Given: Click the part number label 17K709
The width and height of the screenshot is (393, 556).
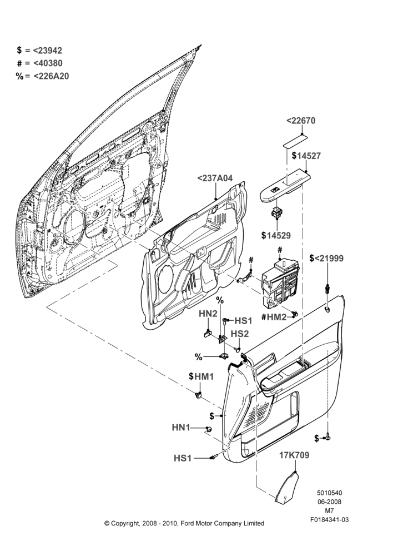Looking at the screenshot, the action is [x=294, y=455].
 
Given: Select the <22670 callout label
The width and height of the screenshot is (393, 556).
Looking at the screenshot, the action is [x=301, y=121].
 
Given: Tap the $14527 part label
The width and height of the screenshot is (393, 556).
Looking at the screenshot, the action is [x=306, y=156].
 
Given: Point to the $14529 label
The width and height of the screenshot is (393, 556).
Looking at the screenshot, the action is [x=276, y=235].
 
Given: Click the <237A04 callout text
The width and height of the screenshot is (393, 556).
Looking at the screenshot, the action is [x=215, y=178].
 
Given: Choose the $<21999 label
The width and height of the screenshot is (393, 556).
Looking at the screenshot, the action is [x=326, y=258].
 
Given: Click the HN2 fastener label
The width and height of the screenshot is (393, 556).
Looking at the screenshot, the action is [x=208, y=314].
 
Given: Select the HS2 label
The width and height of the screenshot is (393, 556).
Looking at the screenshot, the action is [x=240, y=334].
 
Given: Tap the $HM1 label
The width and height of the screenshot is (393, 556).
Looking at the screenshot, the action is [x=201, y=376].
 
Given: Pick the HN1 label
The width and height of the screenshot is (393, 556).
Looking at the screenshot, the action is [x=181, y=428].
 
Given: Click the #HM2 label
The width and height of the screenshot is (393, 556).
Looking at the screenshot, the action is [x=274, y=317].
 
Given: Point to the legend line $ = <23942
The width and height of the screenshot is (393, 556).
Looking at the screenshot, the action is [x=39, y=51].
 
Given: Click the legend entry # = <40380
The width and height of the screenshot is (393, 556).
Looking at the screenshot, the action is [x=39, y=63].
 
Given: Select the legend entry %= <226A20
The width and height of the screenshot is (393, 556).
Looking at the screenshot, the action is [x=42, y=76].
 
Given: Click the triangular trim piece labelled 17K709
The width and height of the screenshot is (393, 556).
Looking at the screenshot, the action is [x=287, y=487].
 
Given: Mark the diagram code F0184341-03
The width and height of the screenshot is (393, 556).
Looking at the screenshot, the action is [x=329, y=520].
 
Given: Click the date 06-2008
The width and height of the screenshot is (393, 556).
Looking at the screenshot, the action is [x=329, y=502].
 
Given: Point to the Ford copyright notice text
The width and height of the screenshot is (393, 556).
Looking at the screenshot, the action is [x=184, y=523].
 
